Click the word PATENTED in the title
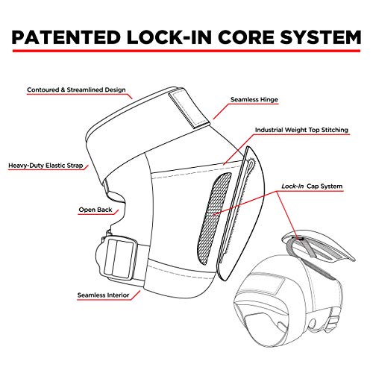66,37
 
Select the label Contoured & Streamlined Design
76,90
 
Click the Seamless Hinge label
254,100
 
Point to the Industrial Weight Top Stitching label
301,130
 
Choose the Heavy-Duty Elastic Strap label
46,166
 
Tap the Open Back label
95,210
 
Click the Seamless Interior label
103,295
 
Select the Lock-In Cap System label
312,186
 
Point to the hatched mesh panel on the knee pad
215,218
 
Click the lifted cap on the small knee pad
319,245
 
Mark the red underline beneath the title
186,51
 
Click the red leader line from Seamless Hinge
221,111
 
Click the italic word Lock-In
292,186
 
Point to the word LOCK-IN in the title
169,37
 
